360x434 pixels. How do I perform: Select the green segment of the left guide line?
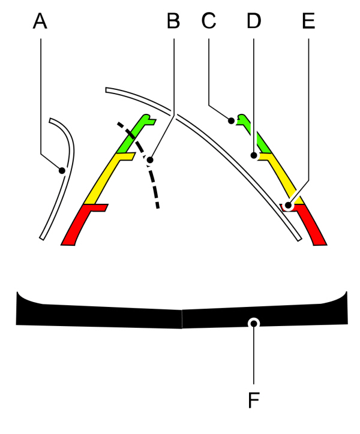tap(135, 132)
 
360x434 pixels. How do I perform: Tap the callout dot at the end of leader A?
tap(62, 170)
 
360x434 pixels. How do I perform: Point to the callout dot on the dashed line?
tap(150, 160)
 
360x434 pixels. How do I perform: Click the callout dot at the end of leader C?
tap(231, 121)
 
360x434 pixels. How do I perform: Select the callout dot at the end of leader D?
tap(254, 156)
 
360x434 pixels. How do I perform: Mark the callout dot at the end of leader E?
tap(289, 206)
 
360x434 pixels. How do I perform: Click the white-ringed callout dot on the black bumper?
tap(254, 323)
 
